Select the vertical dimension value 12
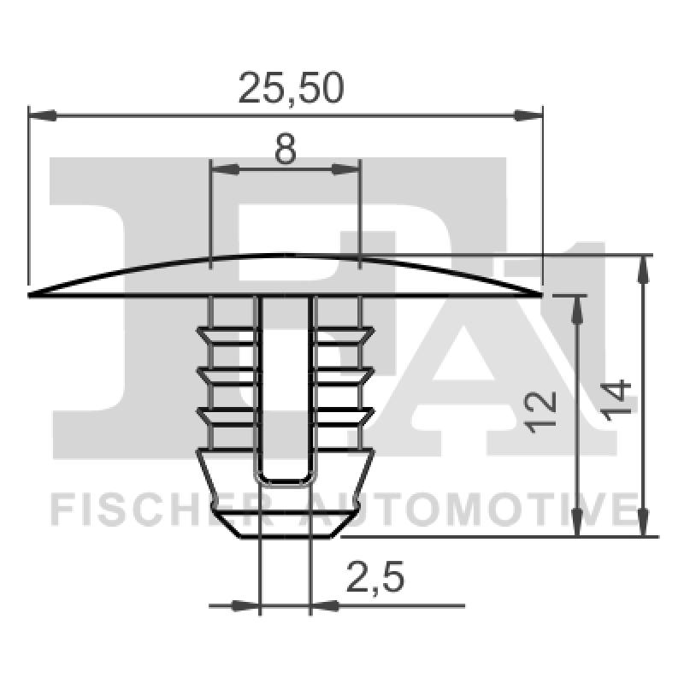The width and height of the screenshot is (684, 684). [543, 413]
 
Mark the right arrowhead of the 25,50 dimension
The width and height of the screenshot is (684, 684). [531, 114]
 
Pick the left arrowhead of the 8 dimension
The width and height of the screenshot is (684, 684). [222, 170]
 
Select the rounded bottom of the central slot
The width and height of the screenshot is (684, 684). [285, 481]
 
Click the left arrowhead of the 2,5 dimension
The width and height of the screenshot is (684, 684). [247, 606]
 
